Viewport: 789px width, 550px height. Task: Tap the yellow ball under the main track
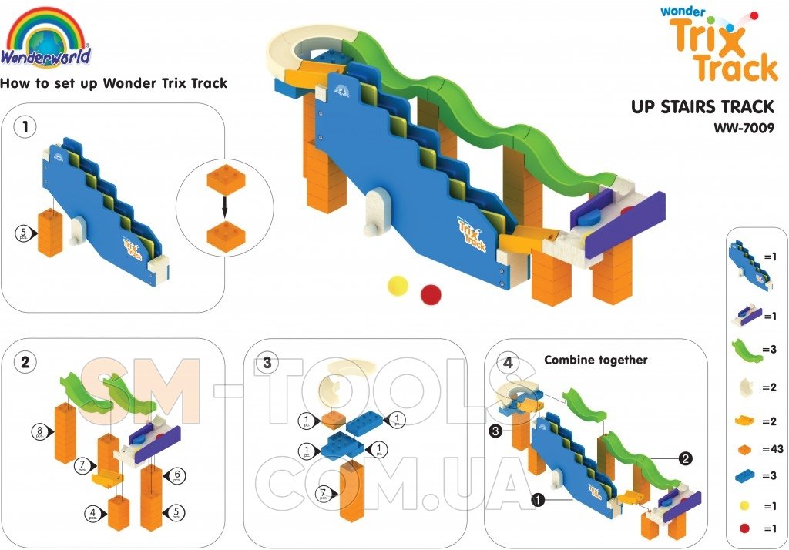point(398,285)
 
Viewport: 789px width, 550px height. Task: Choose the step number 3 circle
point(267,363)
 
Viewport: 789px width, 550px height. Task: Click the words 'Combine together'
point(596,360)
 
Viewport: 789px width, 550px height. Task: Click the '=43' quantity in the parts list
point(772,448)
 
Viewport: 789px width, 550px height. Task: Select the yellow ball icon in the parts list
point(744,506)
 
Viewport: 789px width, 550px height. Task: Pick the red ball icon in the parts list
point(744,528)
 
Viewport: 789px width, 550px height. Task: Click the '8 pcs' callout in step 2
point(39,432)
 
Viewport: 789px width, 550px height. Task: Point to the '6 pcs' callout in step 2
point(176,475)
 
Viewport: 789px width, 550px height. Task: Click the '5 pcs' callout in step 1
point(25,231)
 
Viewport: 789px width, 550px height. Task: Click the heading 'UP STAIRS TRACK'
point(702,106)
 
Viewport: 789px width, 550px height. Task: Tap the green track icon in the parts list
point(744,348)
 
